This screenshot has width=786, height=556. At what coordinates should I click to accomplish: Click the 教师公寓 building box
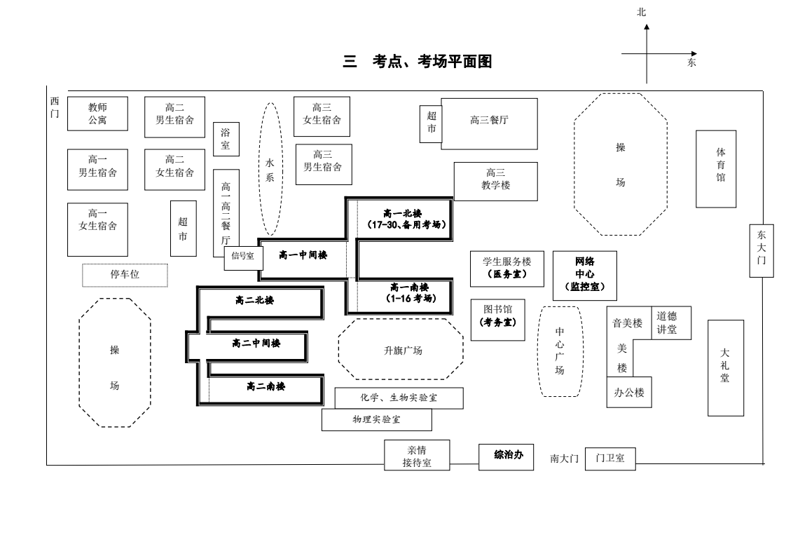tap(97, 114)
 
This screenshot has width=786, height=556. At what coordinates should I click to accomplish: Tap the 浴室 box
tap(226, 138)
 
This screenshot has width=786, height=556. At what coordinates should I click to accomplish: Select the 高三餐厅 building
tap(489, 123)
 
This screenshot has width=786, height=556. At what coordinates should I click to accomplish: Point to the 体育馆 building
tap(716, 168)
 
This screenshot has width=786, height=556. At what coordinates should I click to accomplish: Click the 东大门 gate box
tap(761, 250)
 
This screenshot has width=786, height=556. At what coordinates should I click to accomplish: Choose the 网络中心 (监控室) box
tap(585, 275)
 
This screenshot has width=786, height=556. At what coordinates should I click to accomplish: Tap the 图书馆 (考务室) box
tap(497, 320)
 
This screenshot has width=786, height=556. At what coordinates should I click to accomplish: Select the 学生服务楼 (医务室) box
tap(506, 268)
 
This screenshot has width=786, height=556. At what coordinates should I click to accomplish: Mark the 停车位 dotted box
tap(125, 275)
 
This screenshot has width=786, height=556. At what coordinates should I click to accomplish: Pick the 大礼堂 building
tap(725, 367)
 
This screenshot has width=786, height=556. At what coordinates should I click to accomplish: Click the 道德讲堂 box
tap(671, 323)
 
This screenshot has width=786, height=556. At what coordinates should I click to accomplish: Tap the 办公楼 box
tap(629, 393)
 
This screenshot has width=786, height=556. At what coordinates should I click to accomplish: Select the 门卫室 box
tap(610, 459)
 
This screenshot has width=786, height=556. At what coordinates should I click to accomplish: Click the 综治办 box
tap(509, 456)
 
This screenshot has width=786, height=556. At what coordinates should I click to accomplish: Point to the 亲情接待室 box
tap(417, 456)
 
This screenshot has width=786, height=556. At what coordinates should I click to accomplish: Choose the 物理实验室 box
tap(377, 420)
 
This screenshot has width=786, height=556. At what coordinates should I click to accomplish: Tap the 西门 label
tap(55, 107)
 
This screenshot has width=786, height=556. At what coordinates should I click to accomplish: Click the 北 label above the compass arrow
tap(641, 12)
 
